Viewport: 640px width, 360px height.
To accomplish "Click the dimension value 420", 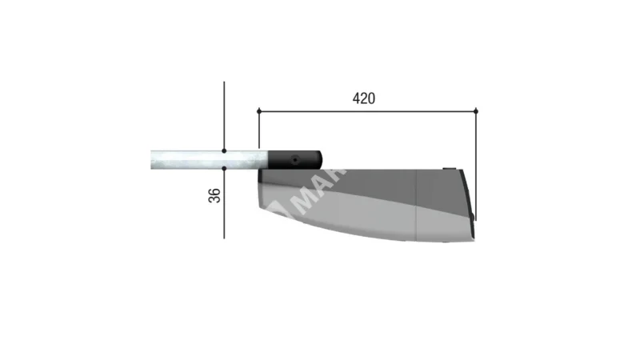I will point(364,98).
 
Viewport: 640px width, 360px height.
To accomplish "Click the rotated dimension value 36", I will point(215,195).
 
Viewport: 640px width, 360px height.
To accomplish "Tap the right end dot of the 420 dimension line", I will point(476,110).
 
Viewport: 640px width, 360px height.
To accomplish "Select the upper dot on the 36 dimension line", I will point(225,150).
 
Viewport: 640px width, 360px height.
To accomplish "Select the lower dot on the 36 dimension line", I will point(225,169).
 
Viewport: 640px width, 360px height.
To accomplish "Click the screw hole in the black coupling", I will point(294,159).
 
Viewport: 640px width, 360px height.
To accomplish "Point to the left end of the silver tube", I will point(152,159).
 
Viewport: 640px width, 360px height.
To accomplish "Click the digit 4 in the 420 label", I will point(356,98).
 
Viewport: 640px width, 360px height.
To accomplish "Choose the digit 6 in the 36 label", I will point(215,190).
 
